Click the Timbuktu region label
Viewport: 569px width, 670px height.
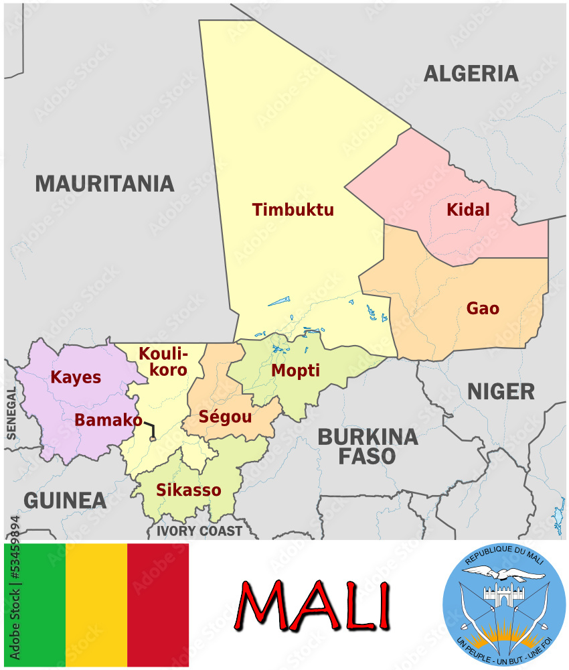pyautogui.click(x=293, y=210)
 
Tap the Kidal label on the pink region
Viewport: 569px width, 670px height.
pyautogui.click(x=468, y=210)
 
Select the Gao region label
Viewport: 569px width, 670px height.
pyautogui.click(x=483, y=308)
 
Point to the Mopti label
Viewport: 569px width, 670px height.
pyautogui.click(x=295, y=371)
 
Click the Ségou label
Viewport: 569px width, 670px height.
pyautogui.click(x=225, y=417)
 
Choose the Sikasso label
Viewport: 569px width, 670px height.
pyautogui.click(x=188, y=490)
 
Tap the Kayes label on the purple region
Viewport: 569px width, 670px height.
pyautogui.click(x=76, y=377)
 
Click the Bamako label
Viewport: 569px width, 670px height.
pyautogui.click(x=108, y=420)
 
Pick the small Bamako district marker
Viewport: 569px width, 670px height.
pyautogui.click(x=153, y=439)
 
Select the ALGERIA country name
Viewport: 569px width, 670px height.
pyautogui.click(x=471, y=73)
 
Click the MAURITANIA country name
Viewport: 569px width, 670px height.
pyautogui.click(x=104, y=183)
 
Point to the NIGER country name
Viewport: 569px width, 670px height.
pyautogui.click(x=501, y=391)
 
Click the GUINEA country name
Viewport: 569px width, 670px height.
pyautogui.click(x=65, y=500)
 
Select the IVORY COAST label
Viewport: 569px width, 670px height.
pyautogui.click(x=199, y=531)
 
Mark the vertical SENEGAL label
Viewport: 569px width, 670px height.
pyautogui.click(x=11, y=413)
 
